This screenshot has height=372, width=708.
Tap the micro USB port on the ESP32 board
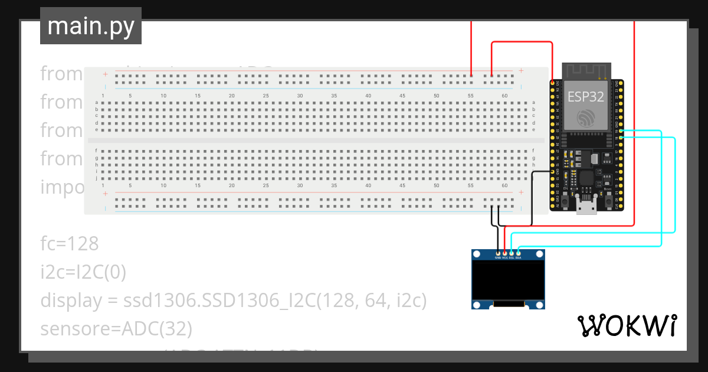[x=586, y=208]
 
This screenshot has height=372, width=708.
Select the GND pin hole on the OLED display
[x=497, y=253]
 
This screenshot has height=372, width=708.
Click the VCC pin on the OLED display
[x=504, y=253]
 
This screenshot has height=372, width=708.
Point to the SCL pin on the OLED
[x=512, y=253]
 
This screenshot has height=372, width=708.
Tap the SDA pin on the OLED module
[x=519, y=253]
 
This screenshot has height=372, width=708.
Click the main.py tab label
[x=91, y=26]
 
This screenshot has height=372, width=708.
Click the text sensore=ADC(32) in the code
[x=116, y=328]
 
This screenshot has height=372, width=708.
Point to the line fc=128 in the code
[x=69, y=243]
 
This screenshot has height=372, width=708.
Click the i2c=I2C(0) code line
[x=83, y=272]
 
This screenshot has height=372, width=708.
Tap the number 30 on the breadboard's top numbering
[x=300, y=96]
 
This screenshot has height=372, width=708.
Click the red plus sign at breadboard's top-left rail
[x=105, y=74]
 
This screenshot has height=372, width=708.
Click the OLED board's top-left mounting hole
[x=477, y=254]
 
